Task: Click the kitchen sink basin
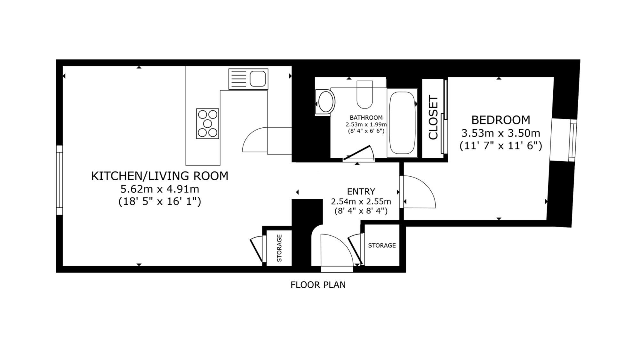click(x=258, y=79)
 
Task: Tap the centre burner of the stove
click(x=207, y=124)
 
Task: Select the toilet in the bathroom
click(x=364, y=94)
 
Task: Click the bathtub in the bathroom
click(x=402, y=123)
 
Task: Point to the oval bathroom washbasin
click(x=325, y=102)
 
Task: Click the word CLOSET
click(x=433, y=117)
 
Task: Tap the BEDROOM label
click(x=501, y=120)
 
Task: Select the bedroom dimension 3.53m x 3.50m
click(x=501, y=133)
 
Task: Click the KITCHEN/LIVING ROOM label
click(x=160, y=176)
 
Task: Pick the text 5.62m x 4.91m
click(x=160, y=189)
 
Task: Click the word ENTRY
click(x=361, y=191)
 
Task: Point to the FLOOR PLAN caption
click(x=318, y=285)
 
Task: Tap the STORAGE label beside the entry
click(x=382, y=245)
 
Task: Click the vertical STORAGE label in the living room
click(x=279, y=248)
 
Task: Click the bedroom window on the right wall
click(x=573, y=140)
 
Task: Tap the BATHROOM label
click(x=366, y=118)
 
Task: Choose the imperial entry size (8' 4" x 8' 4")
click(x=361, y=211)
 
